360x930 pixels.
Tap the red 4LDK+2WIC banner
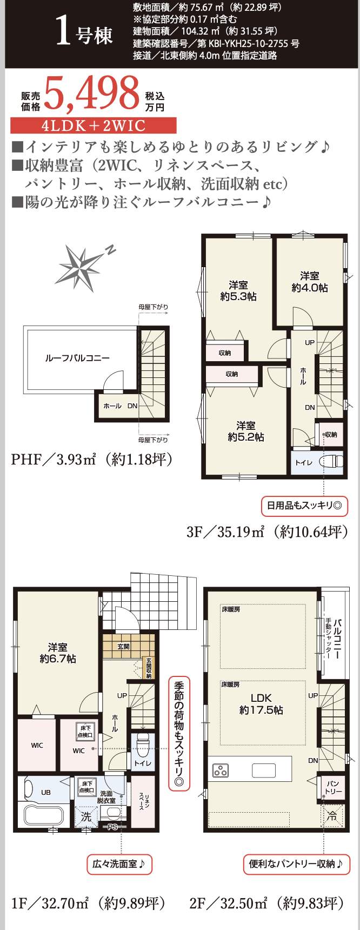[94, 126]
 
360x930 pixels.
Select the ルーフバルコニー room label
[77, 358]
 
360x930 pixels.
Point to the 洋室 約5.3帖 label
[238, 291]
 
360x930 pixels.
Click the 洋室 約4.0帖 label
[310, 282]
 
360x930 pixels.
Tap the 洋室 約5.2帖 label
[245, 431]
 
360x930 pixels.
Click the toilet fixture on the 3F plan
[330, 462]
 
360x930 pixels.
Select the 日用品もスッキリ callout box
[304, 506]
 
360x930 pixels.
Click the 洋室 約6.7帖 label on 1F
[57, 653]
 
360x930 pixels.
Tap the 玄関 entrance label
[123, 646]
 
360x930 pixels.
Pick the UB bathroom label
[46, 792]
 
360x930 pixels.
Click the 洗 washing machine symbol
[86, 817]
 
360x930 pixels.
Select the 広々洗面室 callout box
[119, 864]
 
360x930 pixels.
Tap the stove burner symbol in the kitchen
[221, 770]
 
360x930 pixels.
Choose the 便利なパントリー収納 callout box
[295, 864]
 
